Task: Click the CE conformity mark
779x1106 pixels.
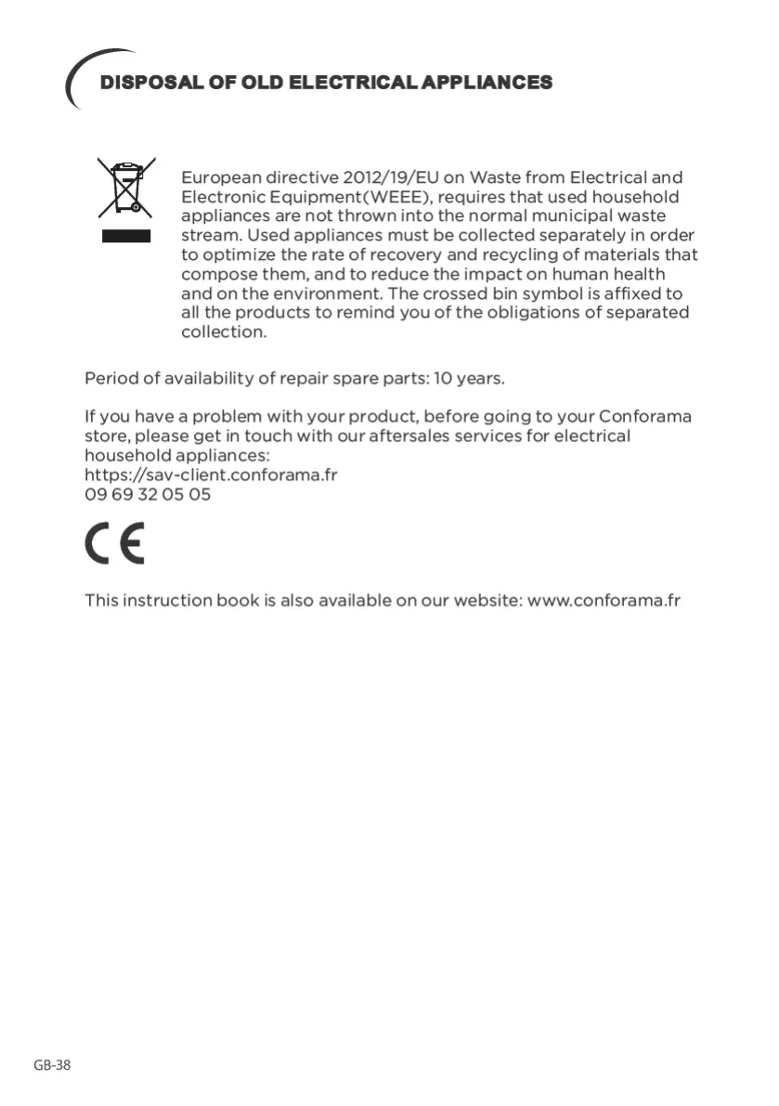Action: [x=115, y=545]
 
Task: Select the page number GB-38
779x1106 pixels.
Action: [x=52, y=1065]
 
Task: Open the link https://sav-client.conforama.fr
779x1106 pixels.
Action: [x=211, y=475]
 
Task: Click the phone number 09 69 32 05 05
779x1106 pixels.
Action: [x=148, y=494]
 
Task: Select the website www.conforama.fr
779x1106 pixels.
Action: [x=604, y=600]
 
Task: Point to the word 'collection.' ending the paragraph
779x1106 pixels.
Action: [x=224, y=332]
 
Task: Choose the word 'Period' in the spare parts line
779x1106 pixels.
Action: [x=110, y=379]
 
